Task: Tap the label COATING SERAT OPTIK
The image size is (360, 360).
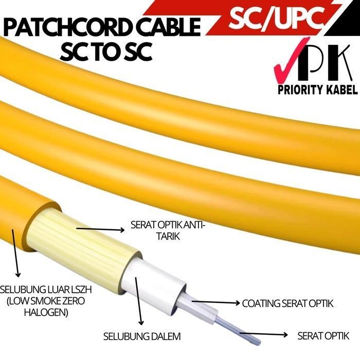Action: coord(287,303)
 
